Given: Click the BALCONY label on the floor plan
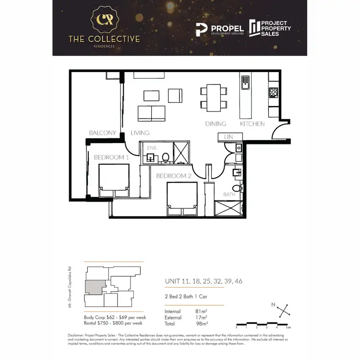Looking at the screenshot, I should coord(103,132).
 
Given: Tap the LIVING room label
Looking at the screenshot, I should coord(140,132).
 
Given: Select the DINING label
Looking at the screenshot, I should coord(216,124).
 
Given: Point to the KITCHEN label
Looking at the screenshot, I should coord(252,124).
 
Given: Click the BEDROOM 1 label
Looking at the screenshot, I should coord(111,157).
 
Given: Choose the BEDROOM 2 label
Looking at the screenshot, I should coord(175,176).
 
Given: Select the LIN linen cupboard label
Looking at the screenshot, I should coord(228,137).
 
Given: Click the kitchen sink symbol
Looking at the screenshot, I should coord(245,83).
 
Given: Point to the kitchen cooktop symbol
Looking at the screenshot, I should coord(274,91).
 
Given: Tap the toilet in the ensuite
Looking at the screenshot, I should coord(165,156).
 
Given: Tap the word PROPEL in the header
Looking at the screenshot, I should coord(228,29).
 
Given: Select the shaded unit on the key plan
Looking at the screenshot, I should coord(93,288).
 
